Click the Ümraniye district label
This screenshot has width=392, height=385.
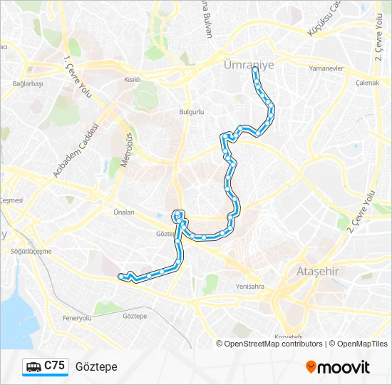[x=248, y=63]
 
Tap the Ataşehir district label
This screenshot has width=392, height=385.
[x=314, y=272]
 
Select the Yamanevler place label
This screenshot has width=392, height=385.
[x=327, y=70]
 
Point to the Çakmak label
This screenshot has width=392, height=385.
[x=366, y=83]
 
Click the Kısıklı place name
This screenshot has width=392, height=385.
[x=133, y=80]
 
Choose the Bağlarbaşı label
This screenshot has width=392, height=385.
[x=28, y=83]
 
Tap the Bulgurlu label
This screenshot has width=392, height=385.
[x=192, y=113]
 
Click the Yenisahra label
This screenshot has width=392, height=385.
[x=250, y=287]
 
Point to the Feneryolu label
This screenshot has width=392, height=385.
[x=77, y=318]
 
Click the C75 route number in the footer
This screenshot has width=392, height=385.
[x=54, y=366]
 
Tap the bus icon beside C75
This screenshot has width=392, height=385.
[x=33, y=366]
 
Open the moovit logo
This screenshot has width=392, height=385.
[x=338, y=367]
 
